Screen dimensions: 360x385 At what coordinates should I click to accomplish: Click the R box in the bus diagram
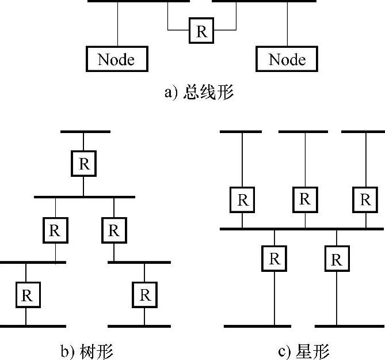201,31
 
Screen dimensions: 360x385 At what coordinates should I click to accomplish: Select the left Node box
116,59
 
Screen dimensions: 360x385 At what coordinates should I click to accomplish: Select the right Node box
287,59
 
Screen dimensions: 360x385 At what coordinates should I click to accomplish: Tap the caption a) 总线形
199,93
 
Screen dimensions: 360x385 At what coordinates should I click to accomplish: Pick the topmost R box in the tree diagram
84,164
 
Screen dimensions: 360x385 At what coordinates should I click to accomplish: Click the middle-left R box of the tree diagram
55,230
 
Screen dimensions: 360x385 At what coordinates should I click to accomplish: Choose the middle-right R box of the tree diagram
114,230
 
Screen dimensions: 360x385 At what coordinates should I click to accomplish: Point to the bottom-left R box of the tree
26,295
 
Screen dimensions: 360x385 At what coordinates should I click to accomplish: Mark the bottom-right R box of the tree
144,295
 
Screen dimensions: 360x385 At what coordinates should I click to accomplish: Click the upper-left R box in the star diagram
243,199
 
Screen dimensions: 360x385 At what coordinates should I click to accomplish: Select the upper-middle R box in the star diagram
304,199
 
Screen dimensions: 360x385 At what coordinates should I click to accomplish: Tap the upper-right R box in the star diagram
365,199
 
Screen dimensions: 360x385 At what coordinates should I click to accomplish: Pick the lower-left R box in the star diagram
274,259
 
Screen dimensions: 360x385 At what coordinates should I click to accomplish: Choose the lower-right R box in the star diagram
337,259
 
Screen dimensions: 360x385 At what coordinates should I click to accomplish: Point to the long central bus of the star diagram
302,229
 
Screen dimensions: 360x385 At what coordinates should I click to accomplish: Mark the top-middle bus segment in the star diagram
303,132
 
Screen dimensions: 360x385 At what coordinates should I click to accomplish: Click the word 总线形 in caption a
208,93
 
